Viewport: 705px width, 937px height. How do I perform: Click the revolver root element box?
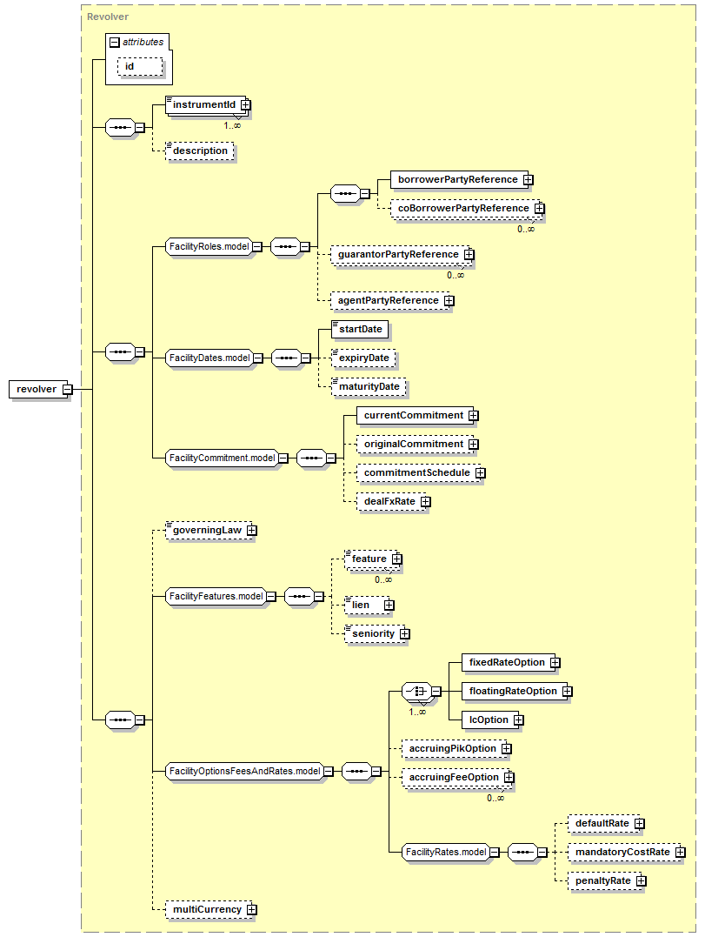click(40, 389)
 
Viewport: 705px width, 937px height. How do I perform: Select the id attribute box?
click(140, 66)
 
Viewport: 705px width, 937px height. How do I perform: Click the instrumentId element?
click(207, 104)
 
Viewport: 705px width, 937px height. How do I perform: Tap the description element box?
click(199, 151)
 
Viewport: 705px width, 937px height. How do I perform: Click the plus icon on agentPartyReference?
click(449, 300)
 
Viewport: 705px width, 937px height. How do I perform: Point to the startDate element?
click(360, 329)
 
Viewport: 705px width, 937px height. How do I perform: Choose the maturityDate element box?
click(369, 386)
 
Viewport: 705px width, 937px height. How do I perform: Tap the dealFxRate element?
click(394, 501)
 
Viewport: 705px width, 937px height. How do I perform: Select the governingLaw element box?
click(210, 530)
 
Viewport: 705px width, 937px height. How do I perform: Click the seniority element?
click(376, 633)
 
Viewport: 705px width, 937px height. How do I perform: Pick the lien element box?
click(369, 605)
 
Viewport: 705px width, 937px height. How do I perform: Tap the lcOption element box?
click(493, 720)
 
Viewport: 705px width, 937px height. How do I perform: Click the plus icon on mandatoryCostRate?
click(681, 852)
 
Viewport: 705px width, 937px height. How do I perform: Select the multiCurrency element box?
click(210, 909)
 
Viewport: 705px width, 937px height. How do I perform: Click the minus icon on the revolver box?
click(68, 390)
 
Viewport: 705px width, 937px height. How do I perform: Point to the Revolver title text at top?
click(108, 17)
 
